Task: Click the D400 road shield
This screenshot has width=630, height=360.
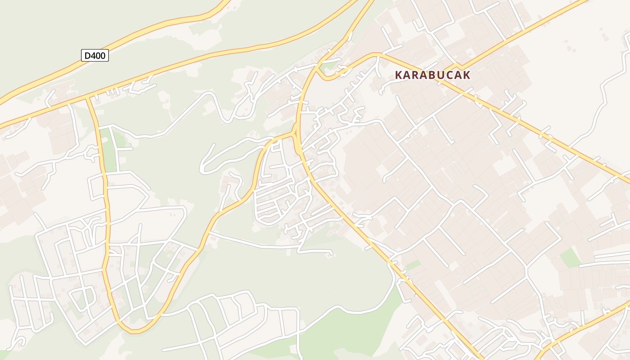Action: tap(95, 55)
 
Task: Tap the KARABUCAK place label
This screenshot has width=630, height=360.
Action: tap(432, 75)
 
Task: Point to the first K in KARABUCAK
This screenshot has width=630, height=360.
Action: tap(399, 75)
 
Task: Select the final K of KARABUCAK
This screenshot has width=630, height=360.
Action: tap(467, 75)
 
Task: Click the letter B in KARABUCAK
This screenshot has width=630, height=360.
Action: tap(432, 75)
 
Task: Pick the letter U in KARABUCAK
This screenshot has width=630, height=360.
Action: tap(441, 75)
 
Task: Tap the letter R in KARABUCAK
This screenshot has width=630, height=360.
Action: tap(416, 75)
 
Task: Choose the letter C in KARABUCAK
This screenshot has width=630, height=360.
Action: tap(450, 75)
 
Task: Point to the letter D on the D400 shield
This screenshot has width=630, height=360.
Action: tap(88, 55)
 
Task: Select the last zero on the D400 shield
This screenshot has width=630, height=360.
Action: tap(103, 55)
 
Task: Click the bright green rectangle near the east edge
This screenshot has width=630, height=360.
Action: tap(570, 258)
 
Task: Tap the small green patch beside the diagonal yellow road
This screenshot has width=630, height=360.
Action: tap(413, 265)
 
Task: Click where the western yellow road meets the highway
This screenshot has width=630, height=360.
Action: tap(88, 98)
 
